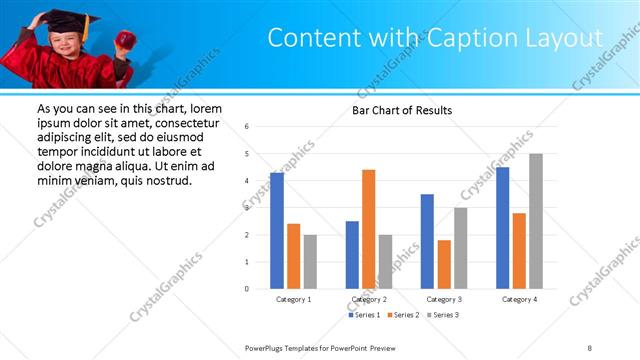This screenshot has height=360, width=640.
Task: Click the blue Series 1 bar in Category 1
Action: (277, 231)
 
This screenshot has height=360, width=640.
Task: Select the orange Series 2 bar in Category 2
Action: (369, 229)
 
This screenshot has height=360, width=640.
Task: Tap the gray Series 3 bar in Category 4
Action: (536, 221)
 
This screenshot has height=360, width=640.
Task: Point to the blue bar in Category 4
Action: (502, 228)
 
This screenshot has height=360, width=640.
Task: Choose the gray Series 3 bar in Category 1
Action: (310, 262)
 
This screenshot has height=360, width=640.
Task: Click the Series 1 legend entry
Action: (365, 315)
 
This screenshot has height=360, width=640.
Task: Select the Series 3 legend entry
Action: (443, 315)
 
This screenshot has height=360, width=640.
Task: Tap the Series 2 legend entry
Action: (404, 315)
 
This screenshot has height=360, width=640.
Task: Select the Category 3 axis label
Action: (444, 299)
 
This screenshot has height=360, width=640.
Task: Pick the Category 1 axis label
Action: (294, 299)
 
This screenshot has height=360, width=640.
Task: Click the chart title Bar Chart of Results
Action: (402, 110)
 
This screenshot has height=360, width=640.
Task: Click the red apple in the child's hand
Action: (126, 39)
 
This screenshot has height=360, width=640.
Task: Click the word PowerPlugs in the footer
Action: (267, 347)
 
